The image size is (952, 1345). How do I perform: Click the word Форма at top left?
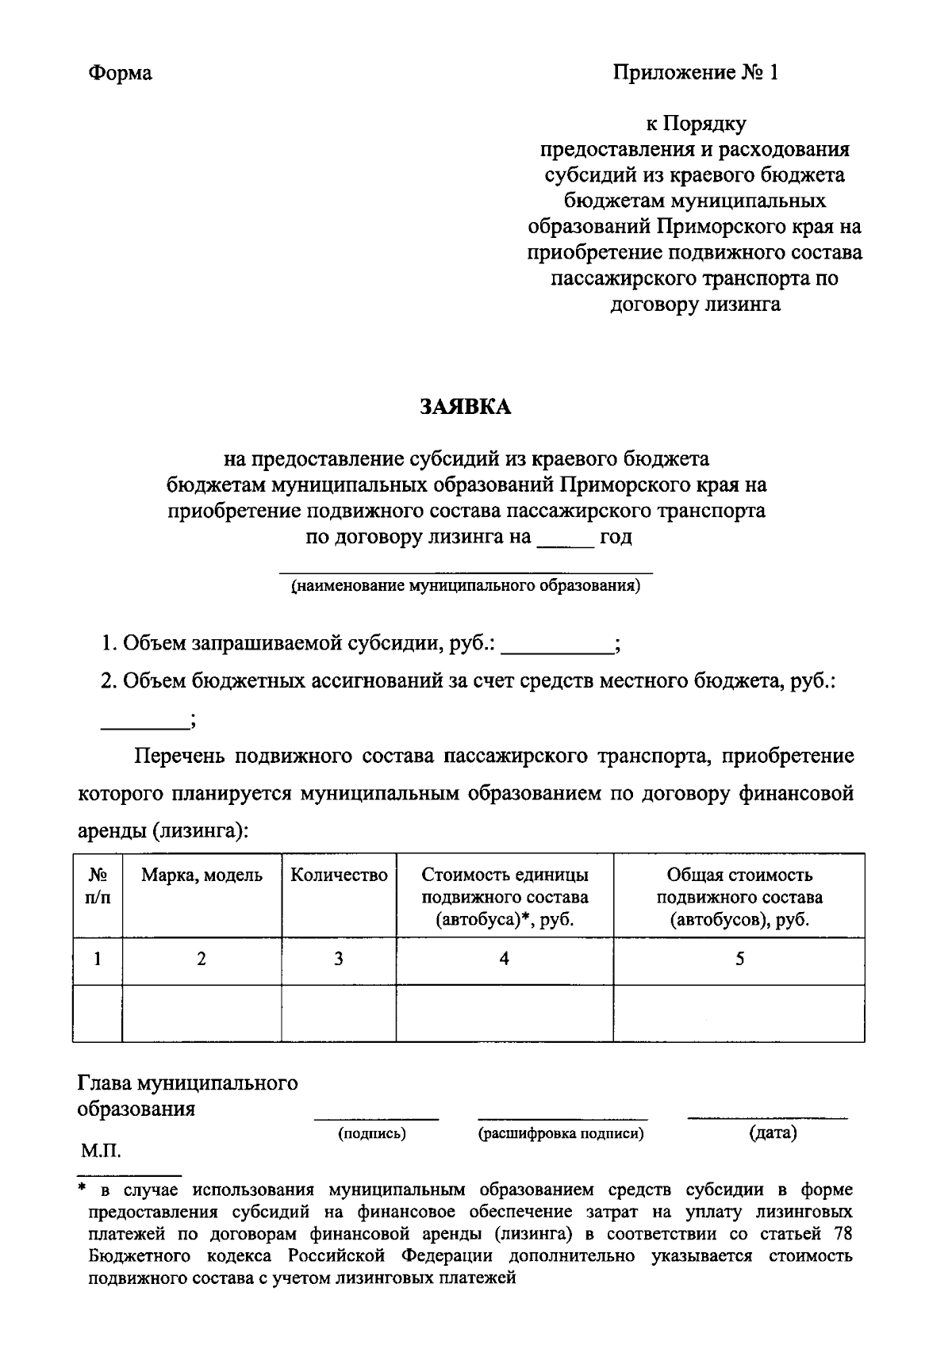[x=120, y=74]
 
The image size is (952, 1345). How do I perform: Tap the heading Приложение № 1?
[x=695, y=74]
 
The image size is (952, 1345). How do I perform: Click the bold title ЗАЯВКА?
[x=466, y=407]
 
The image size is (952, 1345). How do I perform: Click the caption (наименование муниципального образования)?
[x=466, y=587]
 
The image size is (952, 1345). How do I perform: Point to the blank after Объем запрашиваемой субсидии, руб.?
[x=558, y=646]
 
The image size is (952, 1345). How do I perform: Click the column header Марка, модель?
[x=202, y=876]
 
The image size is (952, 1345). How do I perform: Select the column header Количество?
[x=339, y=876]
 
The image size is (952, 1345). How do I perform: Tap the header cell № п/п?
[x=98, y=887]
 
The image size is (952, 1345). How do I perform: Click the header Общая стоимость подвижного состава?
[x=739, y=897]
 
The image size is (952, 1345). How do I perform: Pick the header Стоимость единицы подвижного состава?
[x=505, y=897]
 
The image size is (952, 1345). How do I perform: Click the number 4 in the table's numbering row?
[x=505, y=959]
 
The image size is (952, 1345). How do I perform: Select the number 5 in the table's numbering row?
[x=739, y=959]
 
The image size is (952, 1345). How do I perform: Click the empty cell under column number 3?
[x=339, y=1013]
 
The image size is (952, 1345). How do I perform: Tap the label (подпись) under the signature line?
[x=372, y=1134]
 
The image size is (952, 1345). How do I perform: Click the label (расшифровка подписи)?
[x=561, y=1134]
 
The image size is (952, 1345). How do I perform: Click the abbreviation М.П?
[x=101, y=1151]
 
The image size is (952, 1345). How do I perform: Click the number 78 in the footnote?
[x=843, y=1234]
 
